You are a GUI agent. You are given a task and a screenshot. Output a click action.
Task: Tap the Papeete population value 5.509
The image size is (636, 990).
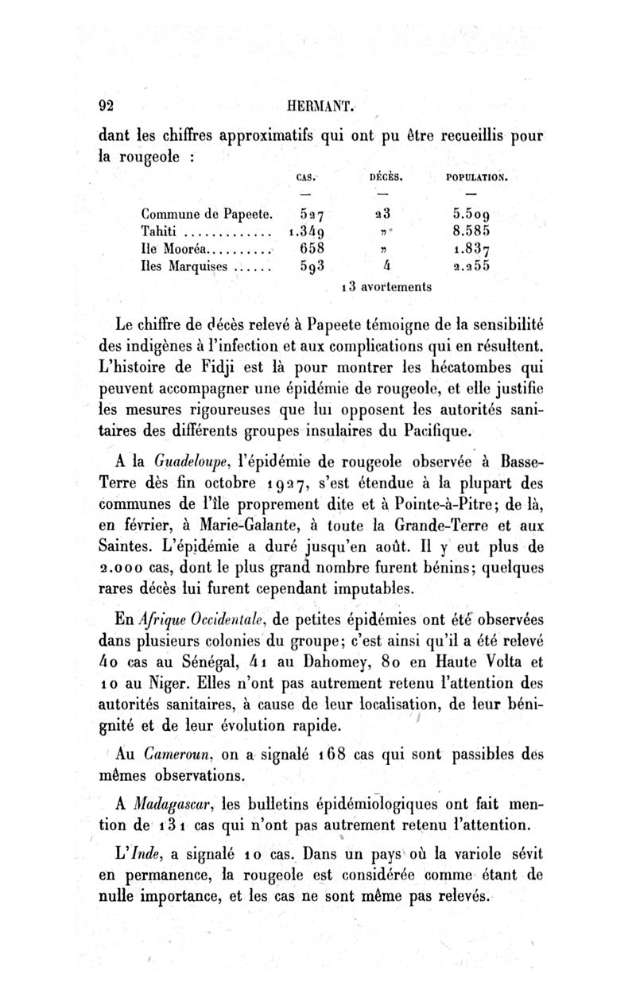tap(471, 214)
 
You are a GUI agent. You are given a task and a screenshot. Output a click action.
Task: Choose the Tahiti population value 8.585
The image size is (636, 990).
tap(471, 232)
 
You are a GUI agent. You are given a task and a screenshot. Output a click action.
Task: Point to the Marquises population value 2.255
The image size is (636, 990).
tap(471, 267)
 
